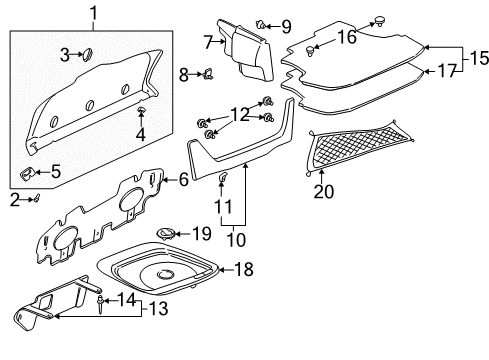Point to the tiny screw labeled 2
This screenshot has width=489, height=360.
[x=36, y=198]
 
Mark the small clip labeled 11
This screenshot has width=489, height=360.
[x=223, y=179]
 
